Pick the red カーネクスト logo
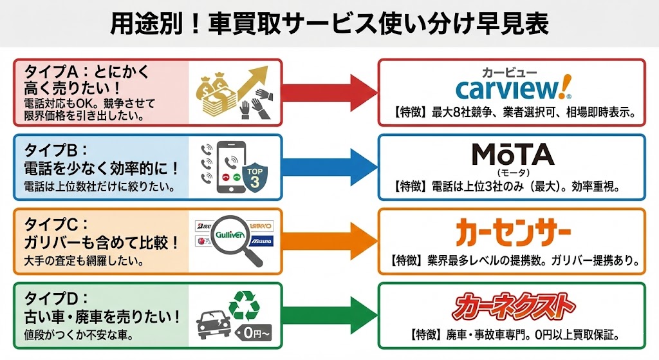pyautogui.click(x=512, y=307)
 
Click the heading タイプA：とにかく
pyautogui.click(x=86, y=71)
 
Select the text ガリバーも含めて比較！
pyautogui.click(x=97, y=243)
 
